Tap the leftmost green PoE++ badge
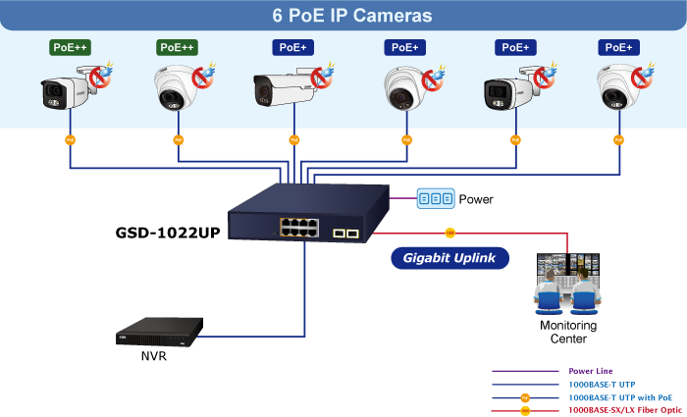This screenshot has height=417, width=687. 70,47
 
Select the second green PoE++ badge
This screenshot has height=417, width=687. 177,47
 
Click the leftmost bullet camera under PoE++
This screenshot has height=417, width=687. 67,90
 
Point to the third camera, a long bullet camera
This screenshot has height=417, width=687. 287,89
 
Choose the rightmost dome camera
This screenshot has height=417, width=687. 620,89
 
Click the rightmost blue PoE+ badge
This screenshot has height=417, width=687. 618,47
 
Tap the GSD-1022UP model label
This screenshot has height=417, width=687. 168,234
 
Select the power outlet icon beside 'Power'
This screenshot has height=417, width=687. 435,198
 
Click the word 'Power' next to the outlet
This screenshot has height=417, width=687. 476,199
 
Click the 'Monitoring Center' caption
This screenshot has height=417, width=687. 568,332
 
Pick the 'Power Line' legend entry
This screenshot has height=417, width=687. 590,371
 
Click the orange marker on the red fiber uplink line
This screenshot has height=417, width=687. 449,233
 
